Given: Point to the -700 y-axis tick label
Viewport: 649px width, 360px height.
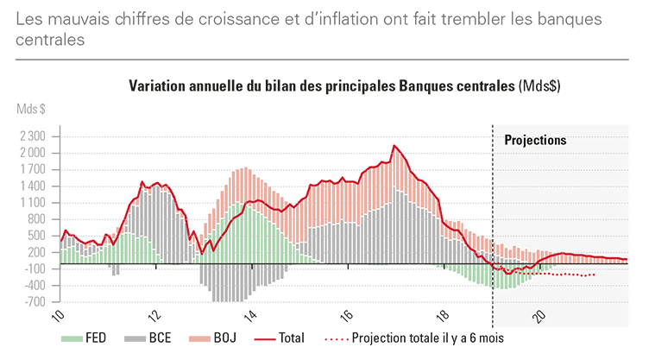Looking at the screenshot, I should [x=35, y=302].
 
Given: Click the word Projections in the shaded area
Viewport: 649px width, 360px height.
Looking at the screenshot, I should [x=535, y=140].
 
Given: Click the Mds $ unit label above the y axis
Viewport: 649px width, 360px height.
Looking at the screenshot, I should [x=31, y=110].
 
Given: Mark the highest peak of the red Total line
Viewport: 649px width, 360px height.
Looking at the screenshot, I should [x=394, y=146].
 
